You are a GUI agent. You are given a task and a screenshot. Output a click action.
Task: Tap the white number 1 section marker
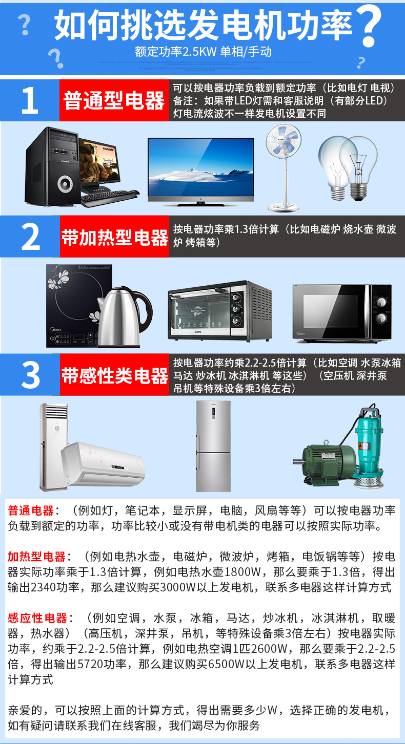(x=30, y=100)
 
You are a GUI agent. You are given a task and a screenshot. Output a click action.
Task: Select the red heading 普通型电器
(x=114, y=101)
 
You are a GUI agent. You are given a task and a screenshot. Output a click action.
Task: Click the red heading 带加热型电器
(x=114, y=237)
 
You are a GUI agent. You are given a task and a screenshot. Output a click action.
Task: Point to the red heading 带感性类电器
(x=114, y=375)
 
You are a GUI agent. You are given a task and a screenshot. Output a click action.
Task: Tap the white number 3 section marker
(x=30, y=375)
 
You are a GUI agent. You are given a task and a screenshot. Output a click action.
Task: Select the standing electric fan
(x=283, y=168)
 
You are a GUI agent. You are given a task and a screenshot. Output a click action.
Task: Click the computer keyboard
(x=110, y=198)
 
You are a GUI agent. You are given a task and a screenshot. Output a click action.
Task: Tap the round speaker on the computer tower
(x=65, y=184)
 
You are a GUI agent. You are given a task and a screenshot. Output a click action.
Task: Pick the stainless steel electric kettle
(x=124, y=317)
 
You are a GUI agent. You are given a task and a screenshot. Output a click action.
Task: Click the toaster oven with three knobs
(x=220, y=311)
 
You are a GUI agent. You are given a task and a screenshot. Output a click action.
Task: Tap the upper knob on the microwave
(x=381, y=302)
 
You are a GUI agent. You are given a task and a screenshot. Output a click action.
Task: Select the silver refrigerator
(x=213, y=446)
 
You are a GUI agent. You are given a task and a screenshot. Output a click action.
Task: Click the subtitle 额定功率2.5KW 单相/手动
(x=203, y=52)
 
